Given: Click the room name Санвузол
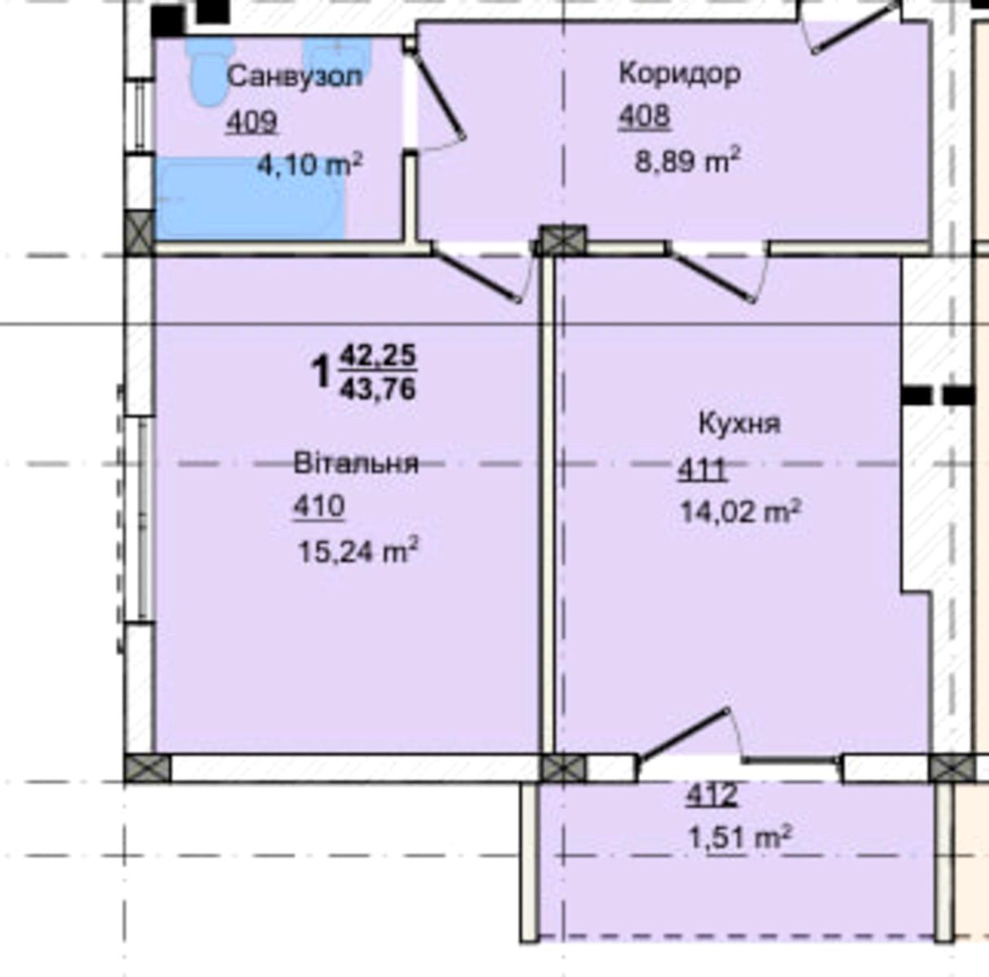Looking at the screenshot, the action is [295, 77].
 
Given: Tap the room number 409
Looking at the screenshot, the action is [252, 122].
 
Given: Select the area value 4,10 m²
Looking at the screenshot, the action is [310, 164].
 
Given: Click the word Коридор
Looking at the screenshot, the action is [680, 73].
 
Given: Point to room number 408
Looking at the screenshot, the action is [644, 116].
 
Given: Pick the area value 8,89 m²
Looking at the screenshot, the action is [688, 160].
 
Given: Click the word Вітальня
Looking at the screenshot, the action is [356, 463].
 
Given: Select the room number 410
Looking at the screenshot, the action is [319, 506].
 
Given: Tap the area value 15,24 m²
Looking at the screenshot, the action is [358, 551].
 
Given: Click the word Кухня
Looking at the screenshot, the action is [740, 424].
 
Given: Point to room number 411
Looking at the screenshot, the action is [702, 469].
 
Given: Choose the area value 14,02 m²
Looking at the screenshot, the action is [741, 511].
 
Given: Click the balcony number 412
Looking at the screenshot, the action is [712, 795].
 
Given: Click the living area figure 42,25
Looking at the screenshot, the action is [378, 355].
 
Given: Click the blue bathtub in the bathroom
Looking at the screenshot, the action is [250, 199].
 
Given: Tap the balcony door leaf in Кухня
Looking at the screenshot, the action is [683, 734].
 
